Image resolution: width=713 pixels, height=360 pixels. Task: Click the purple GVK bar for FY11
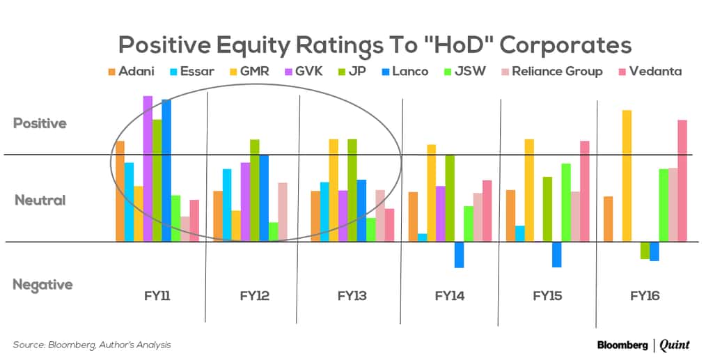[x=148, y=169]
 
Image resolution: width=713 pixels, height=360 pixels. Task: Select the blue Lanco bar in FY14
[x=460, y=255]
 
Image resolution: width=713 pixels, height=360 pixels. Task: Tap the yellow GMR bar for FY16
[x=627, y=176]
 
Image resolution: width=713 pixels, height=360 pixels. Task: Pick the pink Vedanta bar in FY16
[x=682, y=181]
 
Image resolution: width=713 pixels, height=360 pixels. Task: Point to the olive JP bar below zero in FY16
[x=645, y=251]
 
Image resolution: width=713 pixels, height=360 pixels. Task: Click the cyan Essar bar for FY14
[x=423, y=237]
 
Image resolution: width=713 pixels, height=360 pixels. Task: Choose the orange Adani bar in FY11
[x=120, y=191]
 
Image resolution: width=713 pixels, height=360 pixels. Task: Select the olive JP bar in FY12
[x=255, y=191]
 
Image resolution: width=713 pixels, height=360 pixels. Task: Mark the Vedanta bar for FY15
[x=585, y=191]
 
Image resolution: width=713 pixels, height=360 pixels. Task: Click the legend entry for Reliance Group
[x=552, y=71]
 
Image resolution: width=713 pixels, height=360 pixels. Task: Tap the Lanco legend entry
[x=405, y=71]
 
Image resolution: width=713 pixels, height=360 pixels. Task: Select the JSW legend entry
[x=464, y=71]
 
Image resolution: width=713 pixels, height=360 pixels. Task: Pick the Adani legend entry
[x=132, y=71]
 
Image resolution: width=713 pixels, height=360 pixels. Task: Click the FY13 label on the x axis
[x=352, y=296]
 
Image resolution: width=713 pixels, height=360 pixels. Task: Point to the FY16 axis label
[x=645, y=296]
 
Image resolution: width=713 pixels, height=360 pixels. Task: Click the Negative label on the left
[x=42, y=285]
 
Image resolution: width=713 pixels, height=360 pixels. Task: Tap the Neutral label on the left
[x=40, y=200]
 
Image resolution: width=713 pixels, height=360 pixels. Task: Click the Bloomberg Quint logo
[x=643, y=345]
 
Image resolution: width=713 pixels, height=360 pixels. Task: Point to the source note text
[x=92, y=345]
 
